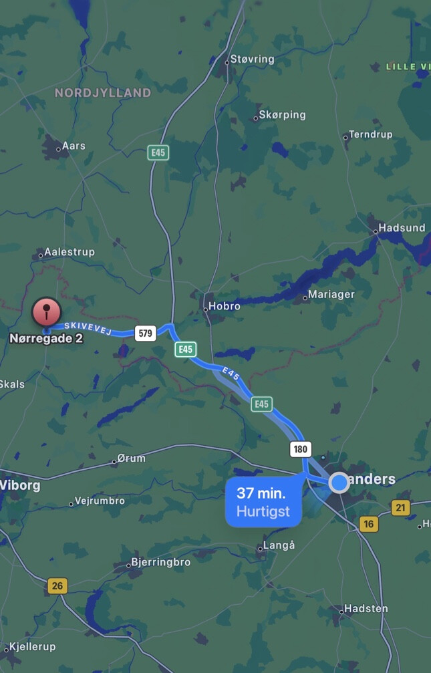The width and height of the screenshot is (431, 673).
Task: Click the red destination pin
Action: tap(46, 311)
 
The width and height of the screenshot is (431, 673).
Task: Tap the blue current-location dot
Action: tap(339, 482)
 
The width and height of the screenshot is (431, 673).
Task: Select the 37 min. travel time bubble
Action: tap(263, 503)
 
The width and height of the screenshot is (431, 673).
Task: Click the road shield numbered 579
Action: tap(145, 333)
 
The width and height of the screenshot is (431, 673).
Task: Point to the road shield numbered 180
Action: tap(301, 449)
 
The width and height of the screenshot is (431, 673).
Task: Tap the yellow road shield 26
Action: tap(57, 586)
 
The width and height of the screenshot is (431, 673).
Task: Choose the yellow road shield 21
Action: tap(400, 508)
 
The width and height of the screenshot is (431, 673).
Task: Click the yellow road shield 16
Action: tap(368, 524)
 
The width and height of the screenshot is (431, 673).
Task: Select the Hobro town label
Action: tap(225, 306)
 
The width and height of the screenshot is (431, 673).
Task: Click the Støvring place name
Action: tap(252, 59)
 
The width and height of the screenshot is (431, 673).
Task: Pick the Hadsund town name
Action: tap(402, 228)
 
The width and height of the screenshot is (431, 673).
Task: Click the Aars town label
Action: tap(74, 146)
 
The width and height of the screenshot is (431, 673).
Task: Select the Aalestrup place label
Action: tap(69, 252)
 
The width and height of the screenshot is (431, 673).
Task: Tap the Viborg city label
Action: tap(19, 485)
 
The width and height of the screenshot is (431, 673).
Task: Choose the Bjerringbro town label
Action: tap(161, 562)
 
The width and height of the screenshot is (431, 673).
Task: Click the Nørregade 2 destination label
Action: tap(46, 338)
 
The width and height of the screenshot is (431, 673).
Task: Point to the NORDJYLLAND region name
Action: tap(103, 93)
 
